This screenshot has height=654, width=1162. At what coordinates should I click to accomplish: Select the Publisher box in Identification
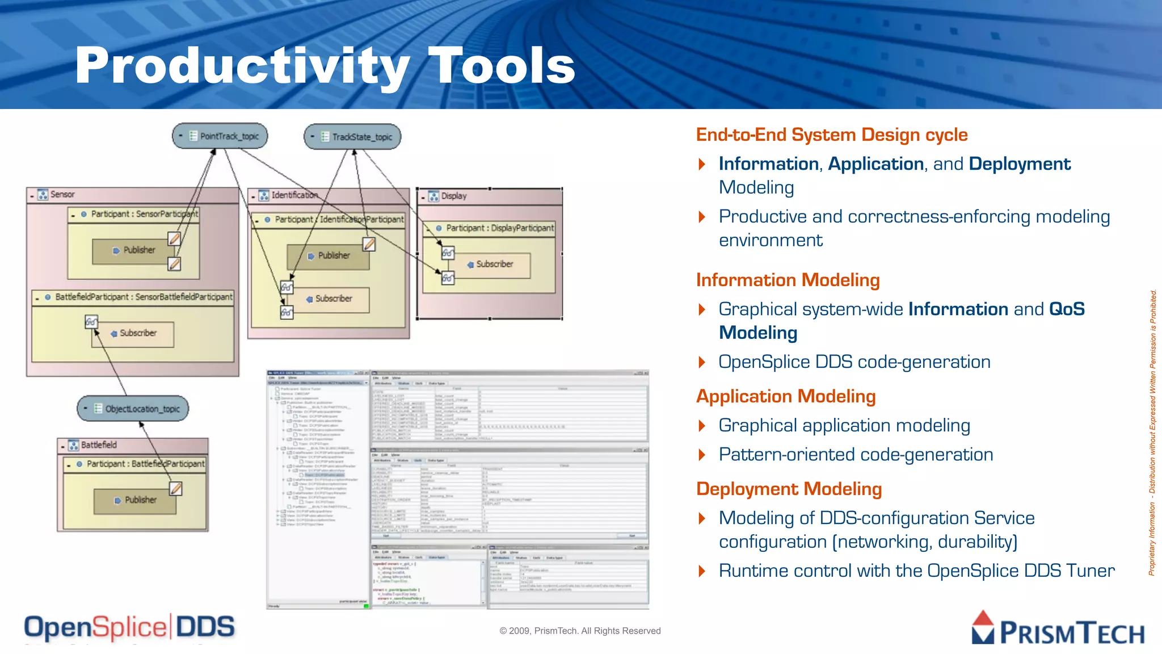[329, 256]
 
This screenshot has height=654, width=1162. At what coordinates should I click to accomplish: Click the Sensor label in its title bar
[62, 195]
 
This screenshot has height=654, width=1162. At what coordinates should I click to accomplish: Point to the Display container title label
[454, 196]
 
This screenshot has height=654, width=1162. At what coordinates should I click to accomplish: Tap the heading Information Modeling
[788, 280]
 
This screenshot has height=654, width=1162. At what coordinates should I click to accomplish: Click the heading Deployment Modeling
[789, 489]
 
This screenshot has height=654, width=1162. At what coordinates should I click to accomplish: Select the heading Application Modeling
[786, 396]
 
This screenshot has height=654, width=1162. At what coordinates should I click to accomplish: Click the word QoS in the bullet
[1067, 309]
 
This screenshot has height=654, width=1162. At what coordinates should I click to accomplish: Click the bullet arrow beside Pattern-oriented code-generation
[702, 455]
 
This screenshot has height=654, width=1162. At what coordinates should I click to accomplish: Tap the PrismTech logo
[1058, 629]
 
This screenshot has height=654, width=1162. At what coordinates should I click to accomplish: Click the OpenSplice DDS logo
[129, 627]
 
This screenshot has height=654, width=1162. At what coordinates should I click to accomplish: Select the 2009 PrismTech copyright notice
[580, 631]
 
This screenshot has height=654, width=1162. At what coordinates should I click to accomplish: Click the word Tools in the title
[502, 66]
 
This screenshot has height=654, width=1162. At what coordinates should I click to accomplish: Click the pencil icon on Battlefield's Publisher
[176, 488]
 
